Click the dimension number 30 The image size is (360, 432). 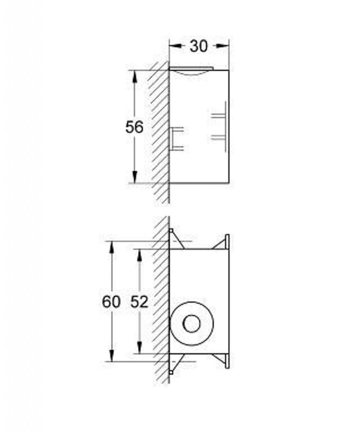coord(198,46)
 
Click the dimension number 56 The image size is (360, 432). coord(134,127)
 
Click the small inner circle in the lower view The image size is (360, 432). coord(192,324)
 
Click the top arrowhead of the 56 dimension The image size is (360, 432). coord(135,77)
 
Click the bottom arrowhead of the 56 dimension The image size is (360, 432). coord(135,177)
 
